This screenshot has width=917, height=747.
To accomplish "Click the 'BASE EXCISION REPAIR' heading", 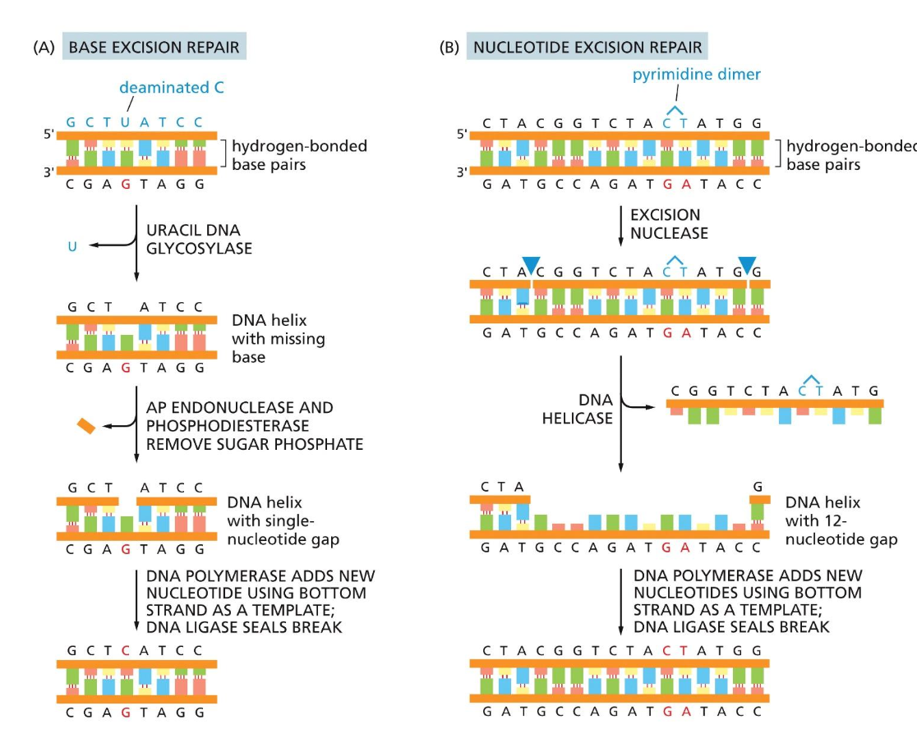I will point(154,48).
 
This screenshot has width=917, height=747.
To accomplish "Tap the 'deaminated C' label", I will point(171,87).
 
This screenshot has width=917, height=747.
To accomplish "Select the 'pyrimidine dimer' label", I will point(696,75).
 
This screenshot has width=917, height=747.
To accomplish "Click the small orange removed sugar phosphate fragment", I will point(85,426).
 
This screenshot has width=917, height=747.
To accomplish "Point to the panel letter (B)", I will point(449,48).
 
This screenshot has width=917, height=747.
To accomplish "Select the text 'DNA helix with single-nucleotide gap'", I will point(283,520).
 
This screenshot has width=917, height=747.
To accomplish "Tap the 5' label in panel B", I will point(462,134).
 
